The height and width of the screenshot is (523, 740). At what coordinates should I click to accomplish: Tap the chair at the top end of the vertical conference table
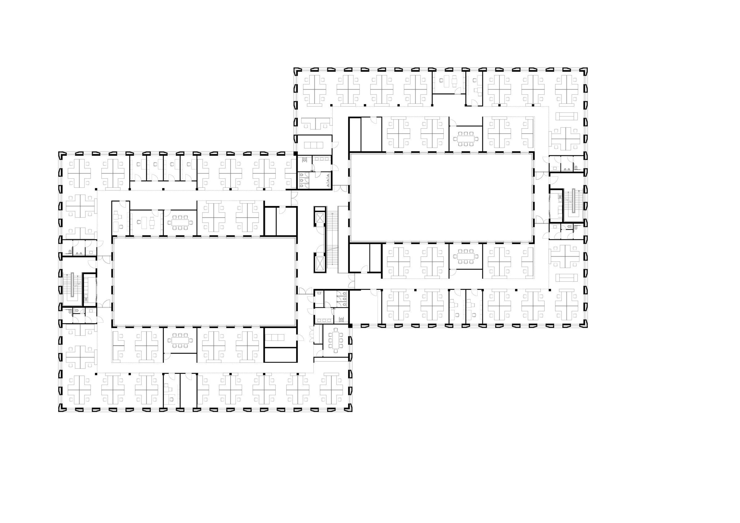point(335,330)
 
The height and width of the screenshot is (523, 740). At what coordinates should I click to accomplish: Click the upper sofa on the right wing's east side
point(567,116)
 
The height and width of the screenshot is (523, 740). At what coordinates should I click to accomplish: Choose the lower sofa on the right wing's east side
point(567,278)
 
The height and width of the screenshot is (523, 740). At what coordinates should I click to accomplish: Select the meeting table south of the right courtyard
point(466,257)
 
